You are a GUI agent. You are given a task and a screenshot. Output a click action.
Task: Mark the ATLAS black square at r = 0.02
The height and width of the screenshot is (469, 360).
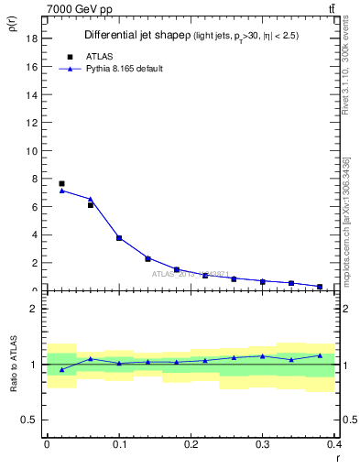tap(61, 183)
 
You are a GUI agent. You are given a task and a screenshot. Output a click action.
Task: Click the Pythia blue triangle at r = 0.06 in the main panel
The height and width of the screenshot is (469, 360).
tap(91, 199)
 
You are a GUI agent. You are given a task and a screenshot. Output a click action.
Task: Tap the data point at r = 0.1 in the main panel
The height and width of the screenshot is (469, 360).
tap(119, 237)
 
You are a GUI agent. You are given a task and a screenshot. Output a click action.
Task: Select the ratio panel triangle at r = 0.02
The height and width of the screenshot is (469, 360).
tap(61, 369)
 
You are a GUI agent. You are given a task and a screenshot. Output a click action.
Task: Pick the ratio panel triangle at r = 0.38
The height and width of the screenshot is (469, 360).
tap(320, 355)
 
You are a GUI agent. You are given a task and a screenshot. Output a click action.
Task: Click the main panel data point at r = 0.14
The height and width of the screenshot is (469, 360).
tap(147, 258)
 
